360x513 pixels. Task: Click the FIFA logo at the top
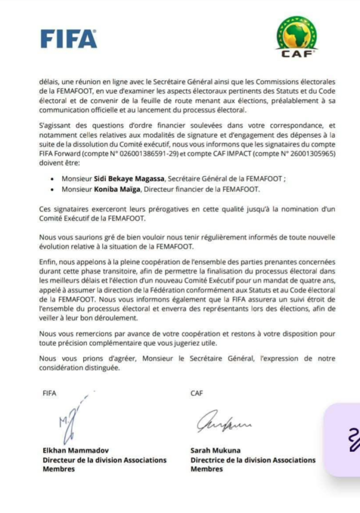[69, 39]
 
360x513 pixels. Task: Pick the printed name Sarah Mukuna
[216, 450]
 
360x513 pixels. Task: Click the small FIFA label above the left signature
[50, 394]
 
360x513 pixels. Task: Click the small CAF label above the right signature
[197, 394]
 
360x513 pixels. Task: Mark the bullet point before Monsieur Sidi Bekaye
[53, 179]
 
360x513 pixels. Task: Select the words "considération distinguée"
[79, 368]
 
